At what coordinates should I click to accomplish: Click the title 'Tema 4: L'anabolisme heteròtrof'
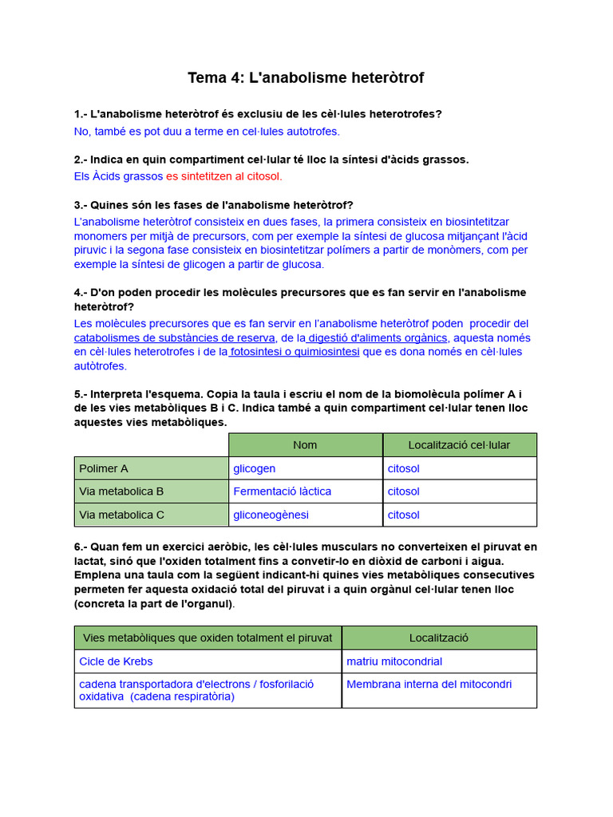306,77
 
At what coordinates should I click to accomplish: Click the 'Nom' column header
305,445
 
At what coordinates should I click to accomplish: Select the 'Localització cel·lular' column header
459,445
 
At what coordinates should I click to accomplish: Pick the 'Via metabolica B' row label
121,491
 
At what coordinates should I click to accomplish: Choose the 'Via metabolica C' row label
121,515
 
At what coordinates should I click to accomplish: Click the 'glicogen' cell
254,468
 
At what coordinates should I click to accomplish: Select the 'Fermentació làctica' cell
282,491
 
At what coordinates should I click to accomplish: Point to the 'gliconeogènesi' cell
271,515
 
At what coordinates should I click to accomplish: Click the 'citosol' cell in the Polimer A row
403,468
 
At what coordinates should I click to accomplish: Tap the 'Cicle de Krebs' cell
116,661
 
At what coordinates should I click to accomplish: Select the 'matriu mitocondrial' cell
394,661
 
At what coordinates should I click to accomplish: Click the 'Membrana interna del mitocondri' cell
429,684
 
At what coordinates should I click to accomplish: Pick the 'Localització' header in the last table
439,637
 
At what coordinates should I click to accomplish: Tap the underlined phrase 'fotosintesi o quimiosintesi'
294,352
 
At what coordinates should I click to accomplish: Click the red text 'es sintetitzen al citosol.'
224,176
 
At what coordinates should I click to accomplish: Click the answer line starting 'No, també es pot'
207,131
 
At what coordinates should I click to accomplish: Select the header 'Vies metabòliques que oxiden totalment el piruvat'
208,637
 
